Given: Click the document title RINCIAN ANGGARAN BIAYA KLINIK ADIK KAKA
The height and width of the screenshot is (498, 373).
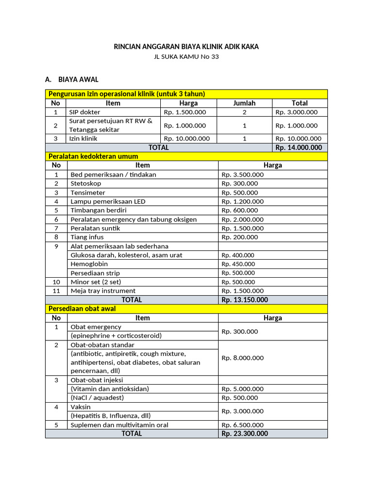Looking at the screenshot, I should [186, 47].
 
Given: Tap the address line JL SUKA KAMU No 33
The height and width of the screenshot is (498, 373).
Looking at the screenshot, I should [186, 57].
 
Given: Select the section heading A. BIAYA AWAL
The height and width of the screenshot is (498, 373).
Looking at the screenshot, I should [71, 79].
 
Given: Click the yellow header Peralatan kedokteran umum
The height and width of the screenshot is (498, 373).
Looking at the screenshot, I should [93, 156].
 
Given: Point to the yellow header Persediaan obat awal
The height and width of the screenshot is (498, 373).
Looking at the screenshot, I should [86, 309].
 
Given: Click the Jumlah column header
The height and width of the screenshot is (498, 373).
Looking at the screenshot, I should [244, 103].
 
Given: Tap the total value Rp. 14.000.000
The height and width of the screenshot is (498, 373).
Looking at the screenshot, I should [298, 147].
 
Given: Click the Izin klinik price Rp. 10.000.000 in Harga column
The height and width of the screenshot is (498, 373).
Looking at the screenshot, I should [187, 139].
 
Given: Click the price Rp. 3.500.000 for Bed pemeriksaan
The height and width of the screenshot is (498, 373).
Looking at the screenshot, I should [242, 175].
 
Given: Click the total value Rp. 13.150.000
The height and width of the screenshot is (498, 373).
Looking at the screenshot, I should [244, 300].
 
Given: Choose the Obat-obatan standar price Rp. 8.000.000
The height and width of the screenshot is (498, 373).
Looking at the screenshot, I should [242, 358].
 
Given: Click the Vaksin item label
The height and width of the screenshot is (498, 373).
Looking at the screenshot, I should [81, 407].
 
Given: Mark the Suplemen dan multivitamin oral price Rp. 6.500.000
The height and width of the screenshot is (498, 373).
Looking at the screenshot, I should [242, 425].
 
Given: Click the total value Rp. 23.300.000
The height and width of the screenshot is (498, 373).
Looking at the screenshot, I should [244, 433].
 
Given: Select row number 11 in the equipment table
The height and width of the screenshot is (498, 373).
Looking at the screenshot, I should [56, 291].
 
